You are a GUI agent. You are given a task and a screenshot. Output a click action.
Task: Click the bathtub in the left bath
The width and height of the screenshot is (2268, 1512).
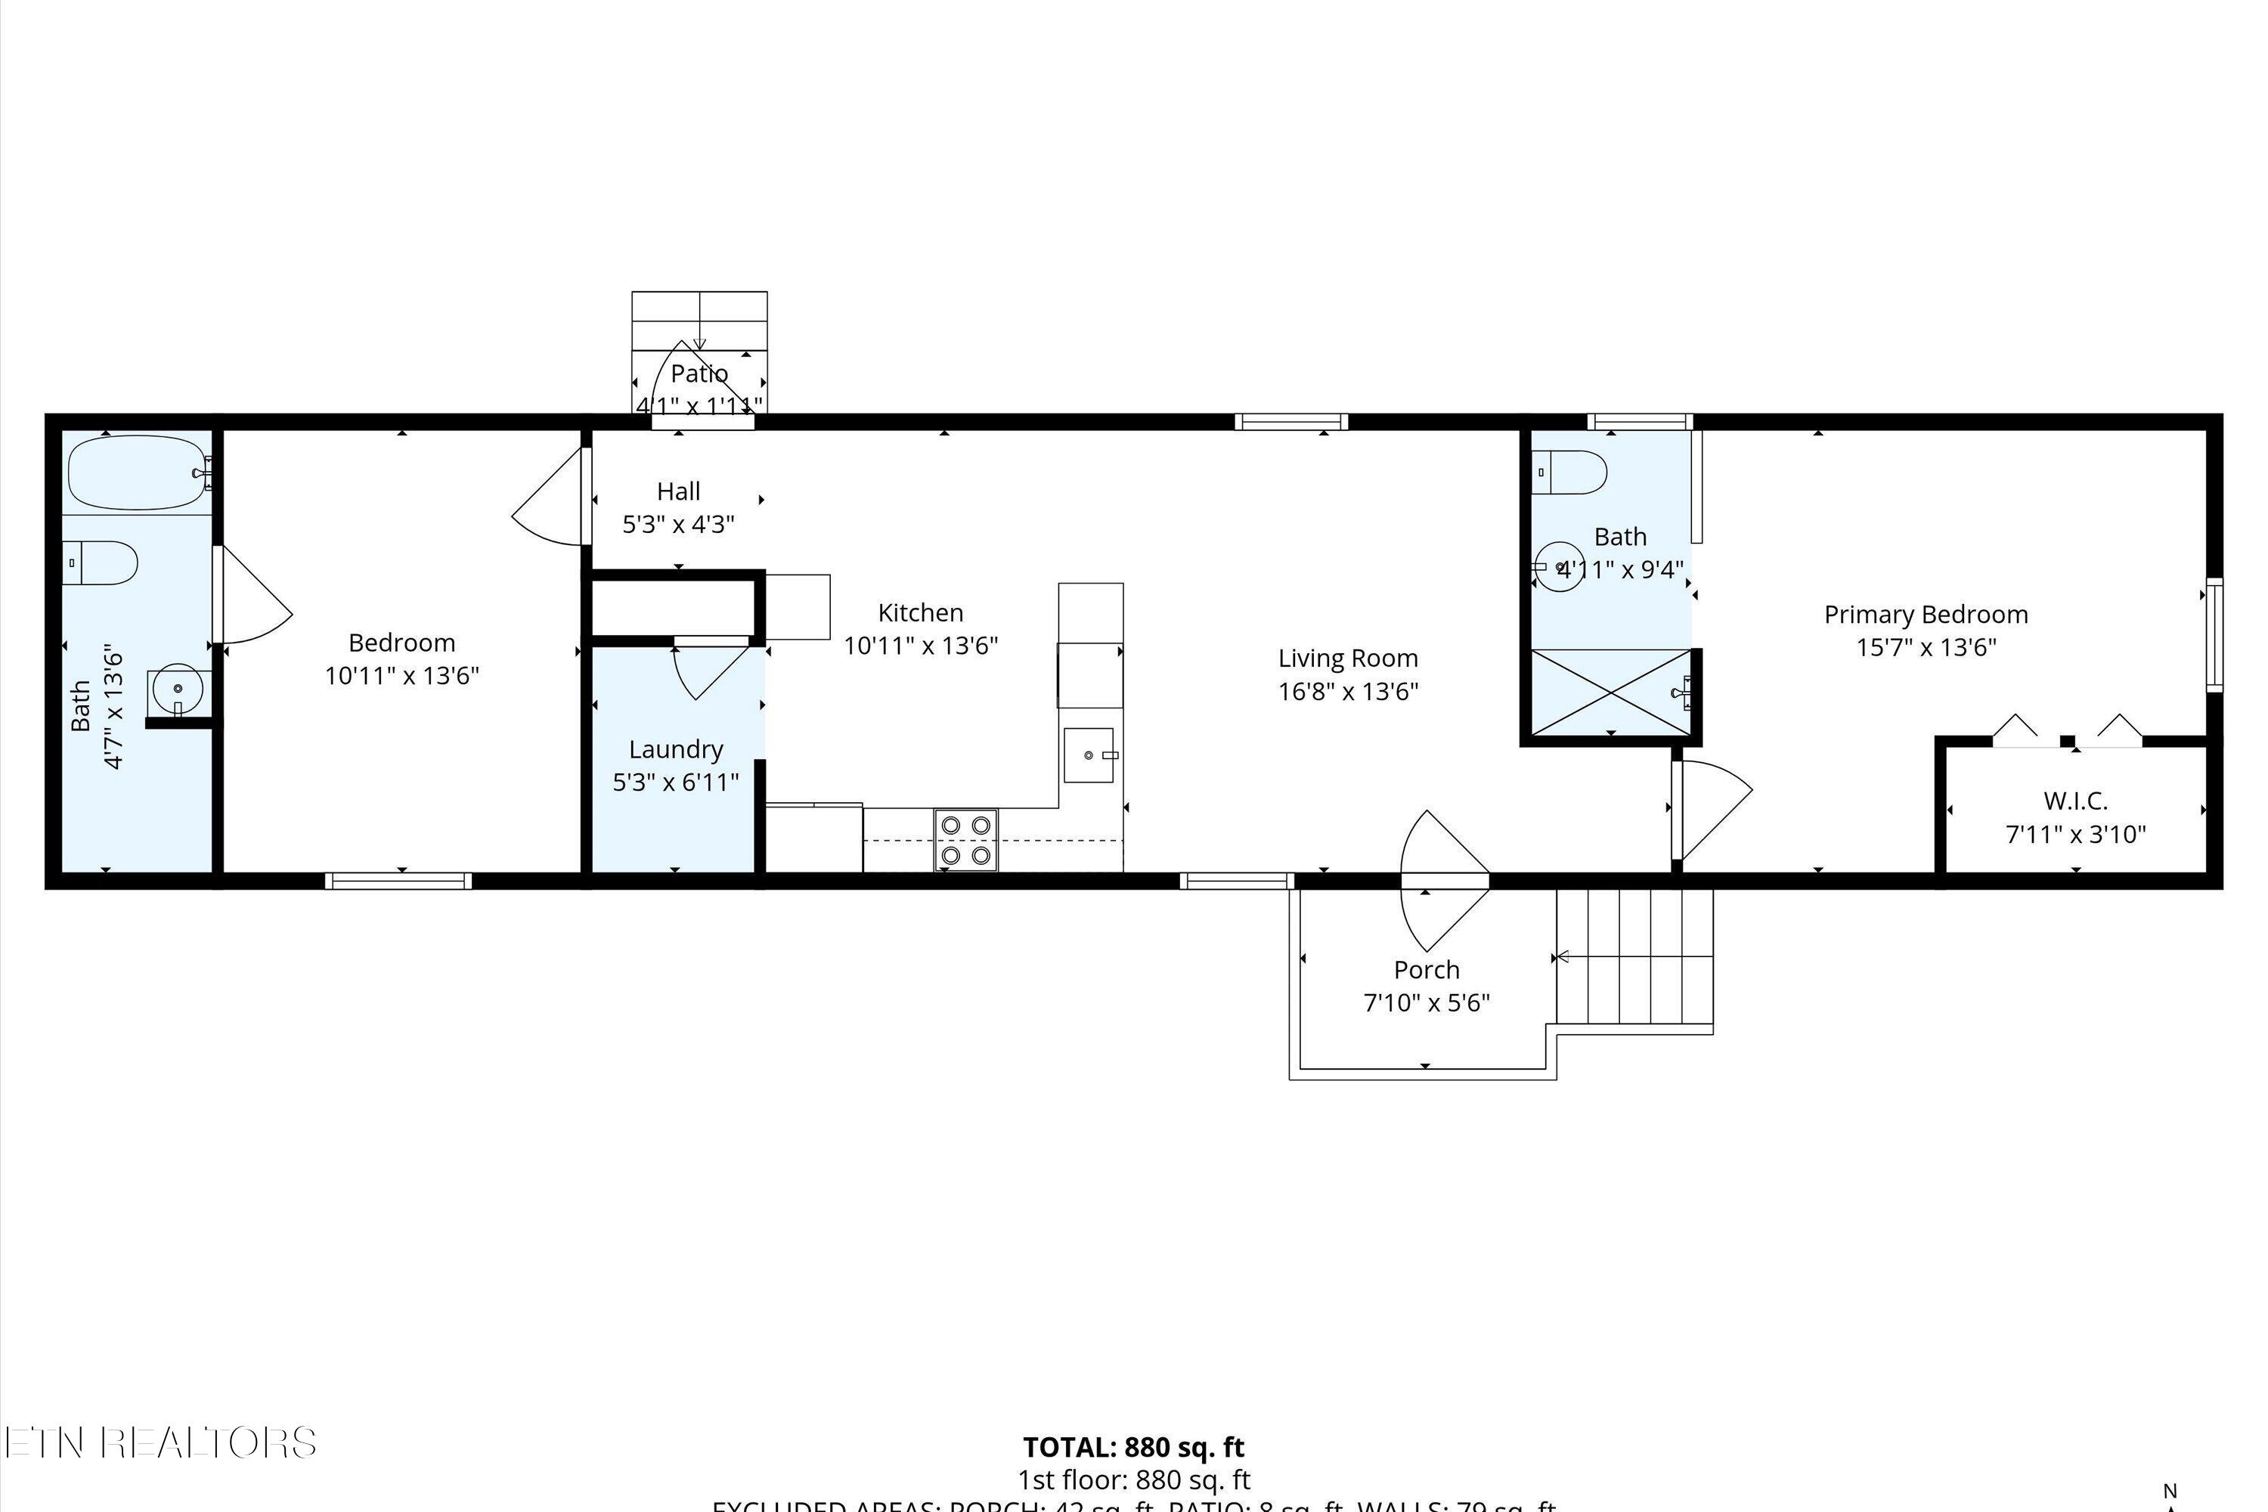[x=137, y=472]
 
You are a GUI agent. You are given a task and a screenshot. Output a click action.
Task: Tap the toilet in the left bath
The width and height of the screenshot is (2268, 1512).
[x=101, y=562]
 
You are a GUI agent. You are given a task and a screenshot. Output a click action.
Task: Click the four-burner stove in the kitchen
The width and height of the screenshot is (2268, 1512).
[x=966, y=840]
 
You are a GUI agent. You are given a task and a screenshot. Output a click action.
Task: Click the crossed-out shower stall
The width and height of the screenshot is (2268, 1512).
[x=1610, y=692]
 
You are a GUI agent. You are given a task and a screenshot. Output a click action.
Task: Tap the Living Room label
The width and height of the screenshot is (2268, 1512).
[x=1347, y=658]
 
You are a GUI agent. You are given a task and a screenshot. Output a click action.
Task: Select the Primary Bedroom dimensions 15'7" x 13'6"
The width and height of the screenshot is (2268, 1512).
[x=1926, y=647]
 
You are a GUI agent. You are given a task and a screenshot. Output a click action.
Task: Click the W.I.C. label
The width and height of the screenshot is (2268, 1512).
[x=2075, y=801]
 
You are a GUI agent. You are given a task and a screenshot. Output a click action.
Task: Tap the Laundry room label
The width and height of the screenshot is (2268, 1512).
[x=675, y=749]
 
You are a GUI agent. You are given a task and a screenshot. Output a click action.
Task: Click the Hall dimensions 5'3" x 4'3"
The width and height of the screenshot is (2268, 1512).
[x=678, y=525]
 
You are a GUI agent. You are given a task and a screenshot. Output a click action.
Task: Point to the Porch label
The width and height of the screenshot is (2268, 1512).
[x=1426, y=969]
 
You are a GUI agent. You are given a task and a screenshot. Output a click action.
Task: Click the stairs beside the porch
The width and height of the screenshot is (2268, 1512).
[x=1634, y=956]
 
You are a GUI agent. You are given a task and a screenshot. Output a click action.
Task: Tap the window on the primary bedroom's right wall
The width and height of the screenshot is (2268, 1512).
[x=2214, y=634]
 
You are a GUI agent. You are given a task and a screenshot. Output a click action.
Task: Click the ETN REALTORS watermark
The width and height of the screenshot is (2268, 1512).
[x=159, y=1442]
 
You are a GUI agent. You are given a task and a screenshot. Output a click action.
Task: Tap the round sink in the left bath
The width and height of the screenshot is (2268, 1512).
[x=178, y=689]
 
